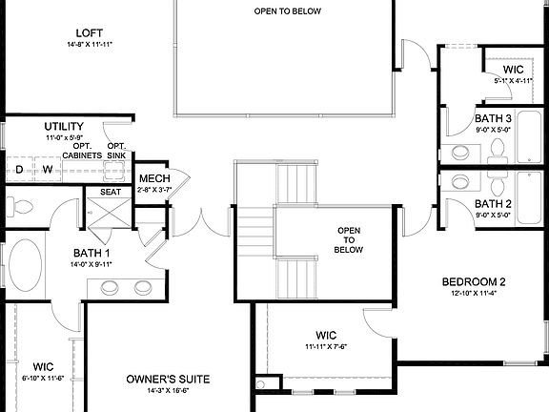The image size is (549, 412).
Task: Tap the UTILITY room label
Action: click(x=65, y=126)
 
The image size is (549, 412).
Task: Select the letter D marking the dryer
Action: click(x=19, y=170)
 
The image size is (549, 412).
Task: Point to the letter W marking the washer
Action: click(x=46, y=170)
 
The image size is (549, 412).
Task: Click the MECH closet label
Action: click(x=154, y=178)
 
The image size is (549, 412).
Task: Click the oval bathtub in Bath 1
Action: click(x=26, y=271)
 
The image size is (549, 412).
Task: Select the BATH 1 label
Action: click(x=92, y=254)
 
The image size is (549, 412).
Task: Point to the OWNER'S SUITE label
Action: click(x=168, y=379)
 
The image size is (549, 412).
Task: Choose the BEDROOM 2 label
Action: click(x=473, y=281)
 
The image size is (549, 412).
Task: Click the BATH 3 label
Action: click(x=494, y=118)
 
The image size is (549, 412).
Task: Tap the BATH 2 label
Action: click(x=494, y=204)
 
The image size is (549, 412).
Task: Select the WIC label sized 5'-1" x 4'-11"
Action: click(x=514, y=70)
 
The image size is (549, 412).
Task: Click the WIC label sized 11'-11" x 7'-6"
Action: click(x=327, y=335)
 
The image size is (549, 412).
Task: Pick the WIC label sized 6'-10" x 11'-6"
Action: click(x=43, y=366)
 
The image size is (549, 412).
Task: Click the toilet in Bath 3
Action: click(x=498, y=150)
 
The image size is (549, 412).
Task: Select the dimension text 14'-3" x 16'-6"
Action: click(x=168, y=391)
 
